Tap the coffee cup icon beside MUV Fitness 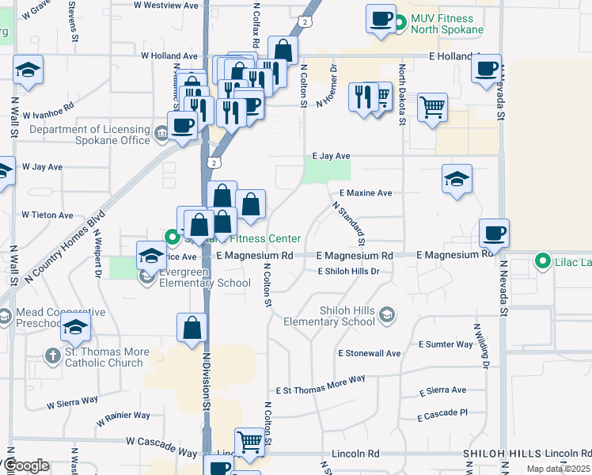click(381, 18)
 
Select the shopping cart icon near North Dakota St click(432, 106)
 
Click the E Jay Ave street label click(331, 157)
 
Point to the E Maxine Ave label click(366, 193)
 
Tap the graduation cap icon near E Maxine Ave click(457, 179)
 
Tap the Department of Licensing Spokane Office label click(89, 135)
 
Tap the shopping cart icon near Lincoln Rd click(249, 442)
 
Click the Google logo click(25, 465)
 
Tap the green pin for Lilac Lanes click(542, 260)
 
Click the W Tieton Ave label click(47, 215)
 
